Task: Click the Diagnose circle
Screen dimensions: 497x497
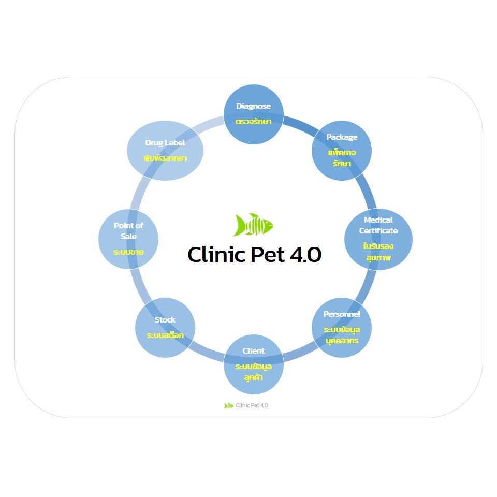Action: click(254, 114)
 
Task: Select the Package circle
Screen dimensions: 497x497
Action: click(342, 150)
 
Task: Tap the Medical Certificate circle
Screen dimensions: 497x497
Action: click(378, 239)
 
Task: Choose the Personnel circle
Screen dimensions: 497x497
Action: click(342, 327)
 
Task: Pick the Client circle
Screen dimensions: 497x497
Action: click(254, 364)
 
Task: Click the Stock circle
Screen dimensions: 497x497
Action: click(165, 327)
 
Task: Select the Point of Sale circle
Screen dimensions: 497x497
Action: click(128, 239)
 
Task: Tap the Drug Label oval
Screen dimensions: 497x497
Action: click(165, 151)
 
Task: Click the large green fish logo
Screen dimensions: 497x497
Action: click(253, 225)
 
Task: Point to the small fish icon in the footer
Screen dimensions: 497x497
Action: click(229, 405)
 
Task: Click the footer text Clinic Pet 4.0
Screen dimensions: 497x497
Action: click(252, 405)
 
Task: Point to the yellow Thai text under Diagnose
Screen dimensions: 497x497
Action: click(254, 122)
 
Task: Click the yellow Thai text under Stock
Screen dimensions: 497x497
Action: click(165, 335)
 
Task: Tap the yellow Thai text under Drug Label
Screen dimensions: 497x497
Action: click(165, 158)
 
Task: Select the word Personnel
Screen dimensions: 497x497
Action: click(342, 314)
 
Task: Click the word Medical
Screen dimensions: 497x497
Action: click(378, 220)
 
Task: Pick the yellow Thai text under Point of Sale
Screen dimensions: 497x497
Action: click(128, 252)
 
